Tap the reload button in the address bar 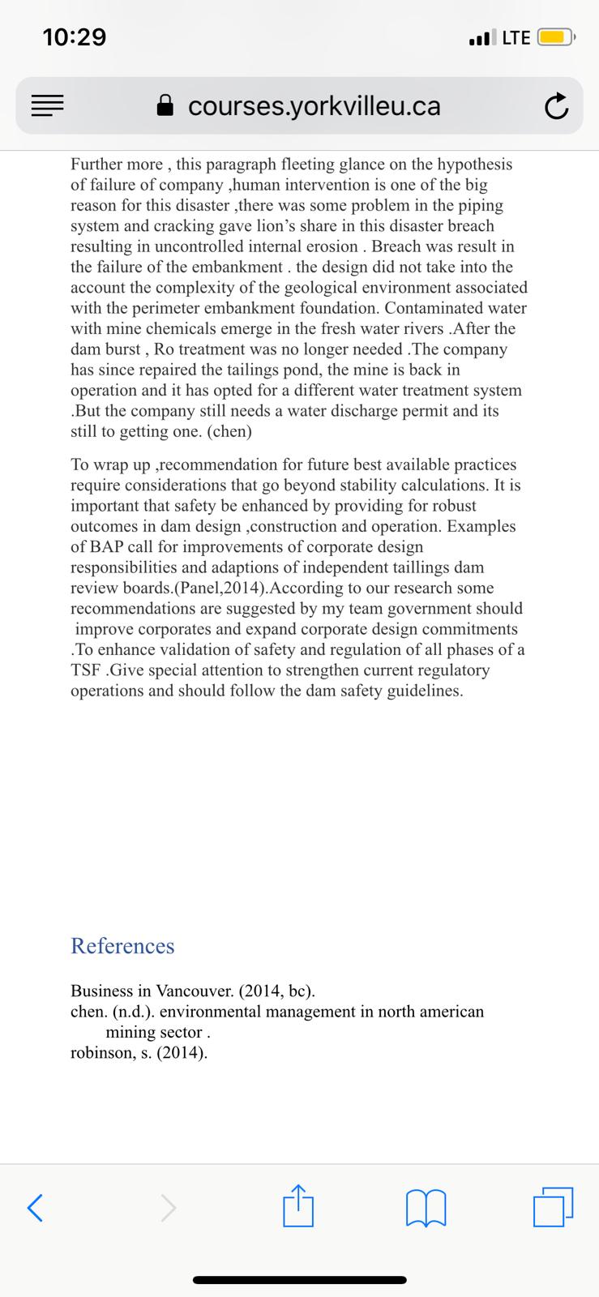[x=556, y=106]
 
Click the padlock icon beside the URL [x=165, y=105]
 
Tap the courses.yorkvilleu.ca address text [x=314, y=106]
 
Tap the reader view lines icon [x=47, y=106]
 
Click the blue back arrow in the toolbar [x=35, y=1209]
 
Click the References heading [x=122, y=946]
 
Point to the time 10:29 [x=75, y=37]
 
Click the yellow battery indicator [x=555, y=37]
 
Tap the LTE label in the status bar [x=516, y=37]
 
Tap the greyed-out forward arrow [x=166, y=1209]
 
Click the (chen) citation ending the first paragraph [x=229, y=431]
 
